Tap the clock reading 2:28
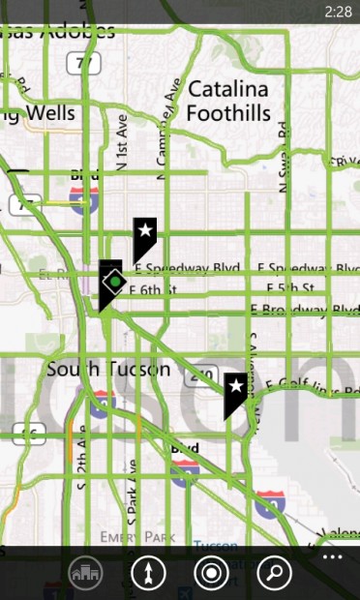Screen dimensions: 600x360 [x=338, y=12]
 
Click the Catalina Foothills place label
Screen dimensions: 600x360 [x=229, y=102]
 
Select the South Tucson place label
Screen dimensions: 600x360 [x=108, y=370]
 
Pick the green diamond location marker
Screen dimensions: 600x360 [x=114, y=282]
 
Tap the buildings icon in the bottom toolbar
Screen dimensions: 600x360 [x=86, y=573]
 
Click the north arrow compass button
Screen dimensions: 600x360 [x=148, y=573]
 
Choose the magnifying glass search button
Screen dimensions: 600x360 [x=274, y=573]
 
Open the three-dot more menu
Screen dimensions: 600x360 [x=333, y=557]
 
